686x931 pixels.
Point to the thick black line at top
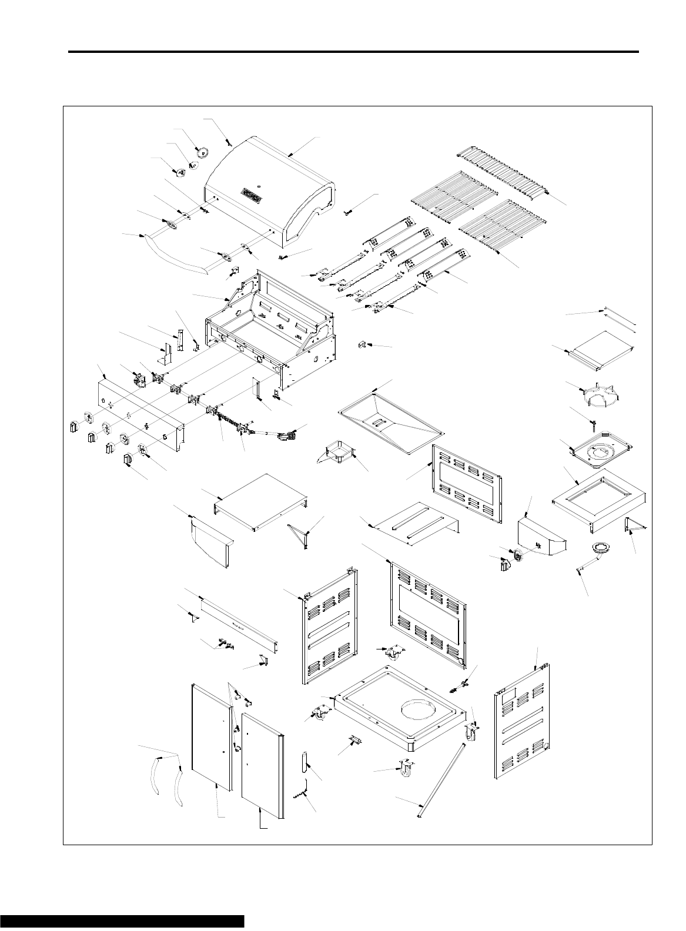point(353,52)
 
